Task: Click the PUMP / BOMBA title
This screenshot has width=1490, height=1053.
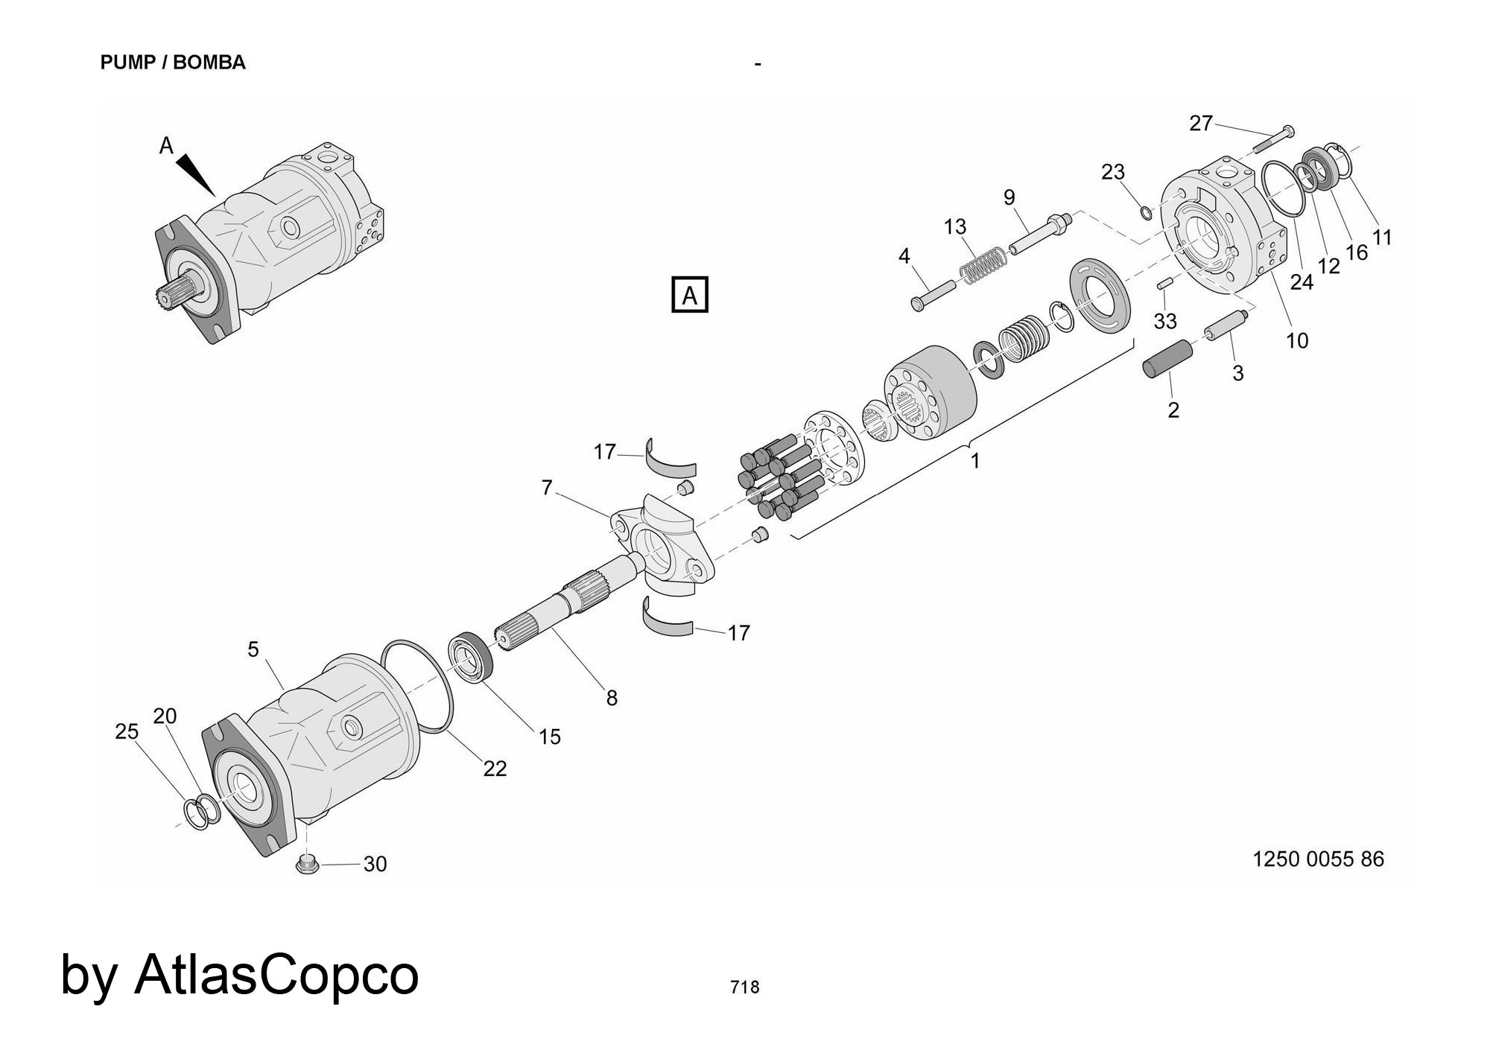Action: click(x=173, y=63)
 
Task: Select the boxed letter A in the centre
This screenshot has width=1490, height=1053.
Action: click(x=689, y=295)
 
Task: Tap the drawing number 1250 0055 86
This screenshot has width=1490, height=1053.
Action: click(x=1318, y=859)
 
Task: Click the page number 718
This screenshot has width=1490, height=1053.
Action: click(x=744, y=987)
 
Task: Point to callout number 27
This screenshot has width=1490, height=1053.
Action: click(x=1200, y=123)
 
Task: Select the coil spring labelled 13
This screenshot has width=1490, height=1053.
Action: click(x=983, y=265)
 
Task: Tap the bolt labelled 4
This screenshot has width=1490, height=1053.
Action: click(x=932, y=293)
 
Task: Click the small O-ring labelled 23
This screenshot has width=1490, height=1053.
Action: click(x=1146, y=214)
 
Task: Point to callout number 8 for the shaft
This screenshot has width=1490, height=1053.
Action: click(x=612, y=699)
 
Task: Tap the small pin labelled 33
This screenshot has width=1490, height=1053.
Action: click(x=1165, y=284)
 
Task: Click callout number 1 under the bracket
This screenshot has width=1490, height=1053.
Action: click(x=974, y=462)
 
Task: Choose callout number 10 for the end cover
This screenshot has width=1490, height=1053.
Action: click(x=1297, y=341)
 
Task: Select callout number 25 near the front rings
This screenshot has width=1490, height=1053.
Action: click(x=127, y=732)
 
